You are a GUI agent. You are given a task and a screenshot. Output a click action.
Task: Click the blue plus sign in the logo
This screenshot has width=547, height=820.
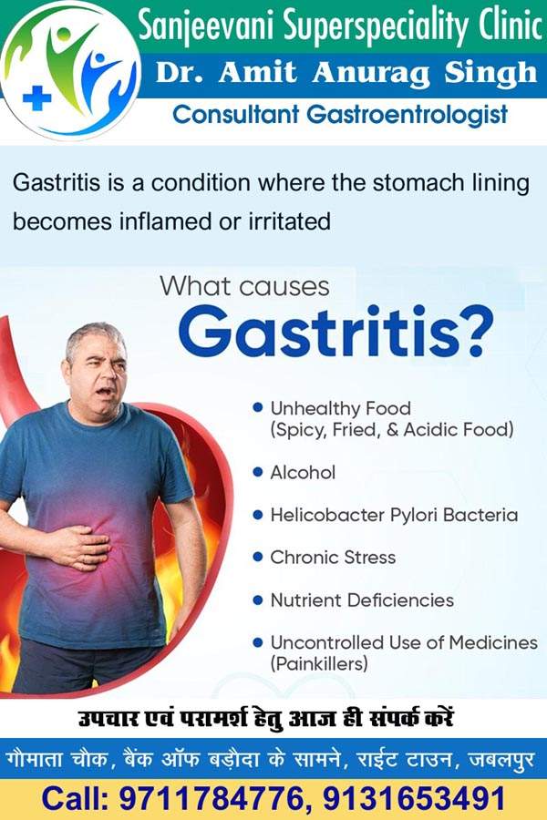(x=37, y=98)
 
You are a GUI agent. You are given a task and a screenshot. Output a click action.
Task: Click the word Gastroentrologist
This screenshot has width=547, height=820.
(x=408, y=116)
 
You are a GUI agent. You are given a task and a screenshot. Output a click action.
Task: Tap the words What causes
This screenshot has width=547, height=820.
(x=245, y=286)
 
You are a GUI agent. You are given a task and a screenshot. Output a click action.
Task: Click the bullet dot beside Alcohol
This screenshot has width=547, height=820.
(x=257, y=472)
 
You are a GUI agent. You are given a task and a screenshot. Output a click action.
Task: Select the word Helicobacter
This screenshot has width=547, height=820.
(x=327, y=515)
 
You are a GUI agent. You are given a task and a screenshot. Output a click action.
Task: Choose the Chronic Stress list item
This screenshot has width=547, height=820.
(x=333, y=558)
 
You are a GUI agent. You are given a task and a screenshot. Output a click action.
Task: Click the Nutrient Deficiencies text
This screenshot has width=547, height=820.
(x=362, y=600)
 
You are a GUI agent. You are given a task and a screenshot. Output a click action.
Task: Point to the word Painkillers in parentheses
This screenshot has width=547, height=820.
(x=319, y=664)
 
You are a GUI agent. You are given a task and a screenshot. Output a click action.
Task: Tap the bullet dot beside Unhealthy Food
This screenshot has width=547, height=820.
(x=257, y=407)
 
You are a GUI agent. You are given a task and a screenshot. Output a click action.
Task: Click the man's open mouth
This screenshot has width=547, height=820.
(x=103, y=391)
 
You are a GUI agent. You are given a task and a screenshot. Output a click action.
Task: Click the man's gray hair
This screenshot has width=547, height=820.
(x=94, y=337)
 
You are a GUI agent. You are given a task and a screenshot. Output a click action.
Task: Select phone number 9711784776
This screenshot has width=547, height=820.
(x=212, y=799)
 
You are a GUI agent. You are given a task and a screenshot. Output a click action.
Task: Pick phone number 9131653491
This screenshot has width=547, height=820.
(x=414, y=799)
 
